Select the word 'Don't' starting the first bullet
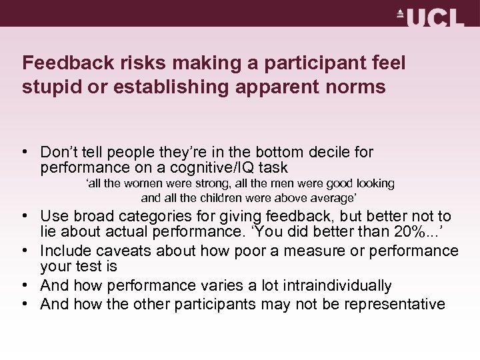(56, 153)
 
